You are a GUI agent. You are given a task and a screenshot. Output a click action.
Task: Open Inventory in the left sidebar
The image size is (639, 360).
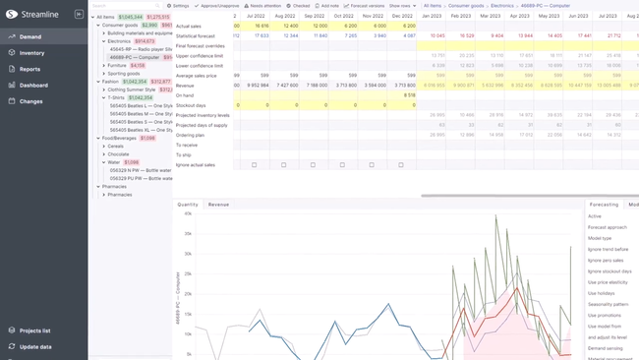coord(31,53)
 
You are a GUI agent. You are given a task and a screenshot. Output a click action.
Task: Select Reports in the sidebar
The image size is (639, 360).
coord(29,69)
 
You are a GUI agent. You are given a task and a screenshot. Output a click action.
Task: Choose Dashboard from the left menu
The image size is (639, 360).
coord(33,85)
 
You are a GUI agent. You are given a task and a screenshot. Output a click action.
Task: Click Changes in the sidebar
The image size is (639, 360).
coord(30,100)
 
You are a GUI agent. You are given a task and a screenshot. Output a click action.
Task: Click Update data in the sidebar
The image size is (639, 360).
coord(35,346)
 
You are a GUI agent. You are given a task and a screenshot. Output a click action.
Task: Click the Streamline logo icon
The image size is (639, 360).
coord(11,14)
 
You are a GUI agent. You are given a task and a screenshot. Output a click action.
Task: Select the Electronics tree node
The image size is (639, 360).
coord(120,41)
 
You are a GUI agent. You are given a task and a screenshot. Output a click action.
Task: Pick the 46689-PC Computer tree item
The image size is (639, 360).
coord(135,57)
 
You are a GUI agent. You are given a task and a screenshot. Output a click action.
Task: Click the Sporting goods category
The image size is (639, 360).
coord(124,74)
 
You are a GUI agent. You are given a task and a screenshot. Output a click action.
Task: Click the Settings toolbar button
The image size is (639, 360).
coord(178,5)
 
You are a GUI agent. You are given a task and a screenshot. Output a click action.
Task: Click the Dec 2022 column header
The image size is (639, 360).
coord(402,17)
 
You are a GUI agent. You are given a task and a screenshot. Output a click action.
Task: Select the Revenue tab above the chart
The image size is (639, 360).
coord(218,205)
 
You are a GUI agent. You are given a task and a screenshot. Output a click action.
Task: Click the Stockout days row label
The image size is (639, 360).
coord(191,104)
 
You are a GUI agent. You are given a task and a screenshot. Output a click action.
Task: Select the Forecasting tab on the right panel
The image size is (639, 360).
coord(604,205)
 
